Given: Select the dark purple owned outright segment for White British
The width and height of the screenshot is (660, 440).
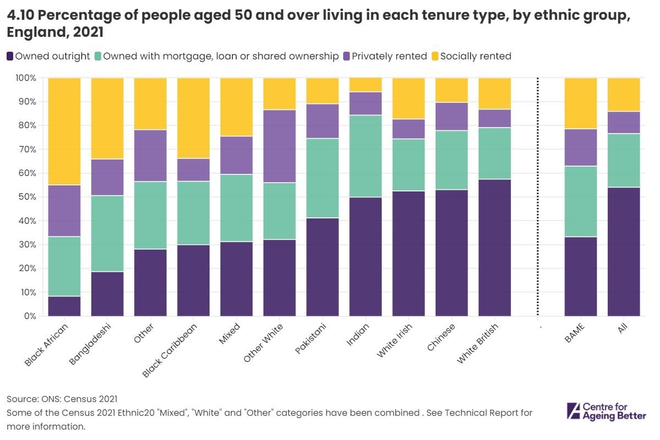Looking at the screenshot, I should point(494,248).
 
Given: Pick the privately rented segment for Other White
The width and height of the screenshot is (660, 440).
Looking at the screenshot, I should point(279,146).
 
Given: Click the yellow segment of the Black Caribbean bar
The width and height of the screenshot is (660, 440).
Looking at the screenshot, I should point(193,118).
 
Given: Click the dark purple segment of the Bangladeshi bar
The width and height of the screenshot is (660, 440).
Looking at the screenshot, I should point(107,294).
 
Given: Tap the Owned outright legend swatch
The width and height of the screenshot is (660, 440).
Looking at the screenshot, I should point(10,56).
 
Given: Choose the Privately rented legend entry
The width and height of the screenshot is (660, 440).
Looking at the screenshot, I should point(384,56).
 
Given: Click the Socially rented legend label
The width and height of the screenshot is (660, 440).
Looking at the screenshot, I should point(475,56).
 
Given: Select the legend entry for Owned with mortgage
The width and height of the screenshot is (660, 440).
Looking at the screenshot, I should point(221,56).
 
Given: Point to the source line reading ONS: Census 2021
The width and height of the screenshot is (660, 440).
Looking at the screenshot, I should point(62,399).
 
